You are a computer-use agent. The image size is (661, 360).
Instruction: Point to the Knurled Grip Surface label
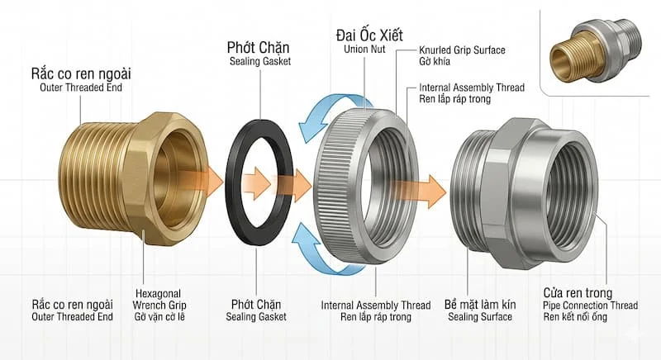(462, 51)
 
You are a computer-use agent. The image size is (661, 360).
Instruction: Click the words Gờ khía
(436, 64)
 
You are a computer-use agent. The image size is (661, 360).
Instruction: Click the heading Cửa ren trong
(578, 293)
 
